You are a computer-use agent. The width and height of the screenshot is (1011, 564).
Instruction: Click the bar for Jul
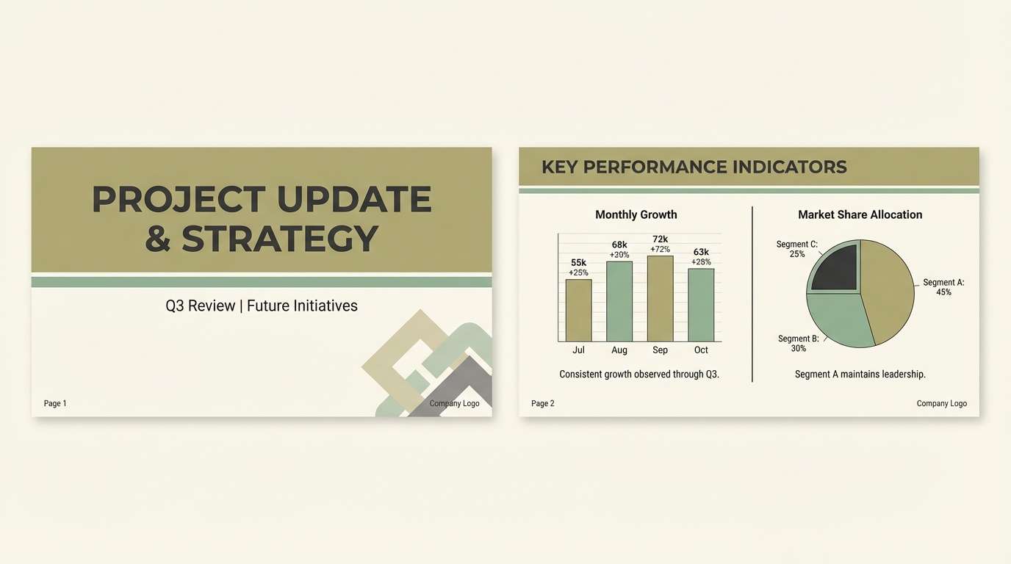click(x=578, y=310)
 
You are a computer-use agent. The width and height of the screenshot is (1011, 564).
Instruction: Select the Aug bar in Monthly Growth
click(x=619, y=301)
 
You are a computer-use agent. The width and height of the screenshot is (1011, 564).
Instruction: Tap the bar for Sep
click(x=660, y=298)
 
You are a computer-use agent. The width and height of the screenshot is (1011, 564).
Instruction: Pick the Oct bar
click(x=701, y=305)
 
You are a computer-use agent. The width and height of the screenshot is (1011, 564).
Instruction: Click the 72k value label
click(x=660, y=239)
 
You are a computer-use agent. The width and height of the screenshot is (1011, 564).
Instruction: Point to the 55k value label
click(x=578, y=263)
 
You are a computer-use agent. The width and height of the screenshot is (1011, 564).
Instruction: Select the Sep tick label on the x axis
click(x=660, y=350)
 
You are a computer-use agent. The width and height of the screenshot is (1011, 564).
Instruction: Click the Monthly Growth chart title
click(x=636, y=215)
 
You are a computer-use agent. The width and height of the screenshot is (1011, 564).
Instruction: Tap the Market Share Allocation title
click(x=860, y=215)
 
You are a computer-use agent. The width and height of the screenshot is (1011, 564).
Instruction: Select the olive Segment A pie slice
click(x=887, y=290)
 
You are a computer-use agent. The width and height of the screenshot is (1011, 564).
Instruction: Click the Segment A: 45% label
click(x=943, y=287)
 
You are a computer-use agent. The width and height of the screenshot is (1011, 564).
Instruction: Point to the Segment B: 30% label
click(x=798, y=344)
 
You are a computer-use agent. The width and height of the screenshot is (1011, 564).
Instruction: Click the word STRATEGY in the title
click(x=280, y=239)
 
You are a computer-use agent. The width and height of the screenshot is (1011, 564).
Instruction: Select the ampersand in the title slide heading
click(x=158, y=239)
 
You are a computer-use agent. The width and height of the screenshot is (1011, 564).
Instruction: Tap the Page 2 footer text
click(x=543, y=404)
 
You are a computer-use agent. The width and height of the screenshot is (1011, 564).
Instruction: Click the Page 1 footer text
click(x=55, y=404)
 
